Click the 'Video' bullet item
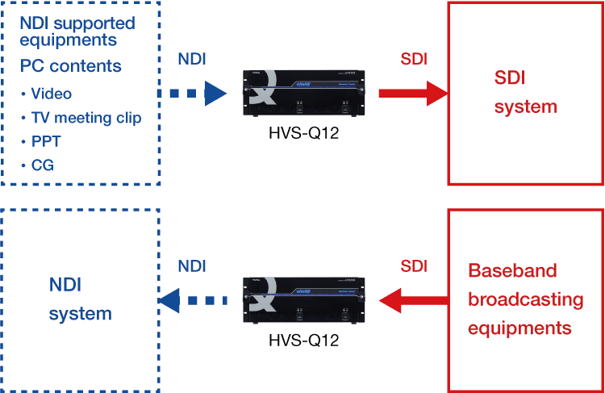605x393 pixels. (x=50, y=94)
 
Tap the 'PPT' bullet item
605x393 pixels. (x=46, y=141)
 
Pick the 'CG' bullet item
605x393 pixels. (x=43, y=165)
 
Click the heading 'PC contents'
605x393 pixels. (x=71, y=65)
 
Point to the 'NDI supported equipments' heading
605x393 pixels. (x=77, y=31)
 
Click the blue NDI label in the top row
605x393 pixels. (x=191, y=60)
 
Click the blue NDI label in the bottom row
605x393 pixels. (x=191, y=266)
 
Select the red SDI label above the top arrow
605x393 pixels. (x=414, y=60)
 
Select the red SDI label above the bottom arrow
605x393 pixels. (x=414, y=266)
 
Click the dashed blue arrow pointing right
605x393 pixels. (x=191, y=93)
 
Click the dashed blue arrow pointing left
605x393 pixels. (x=191, y=301)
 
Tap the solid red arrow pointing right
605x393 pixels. (x=413, y=93)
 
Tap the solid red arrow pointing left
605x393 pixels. (x=413, y=301)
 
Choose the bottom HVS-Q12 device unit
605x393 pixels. (x=302, y=300)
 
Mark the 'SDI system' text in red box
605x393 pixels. (x=525, y=91)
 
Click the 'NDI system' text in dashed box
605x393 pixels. (x=81, y=299)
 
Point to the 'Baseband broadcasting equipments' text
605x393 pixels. (x=525, y=299)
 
